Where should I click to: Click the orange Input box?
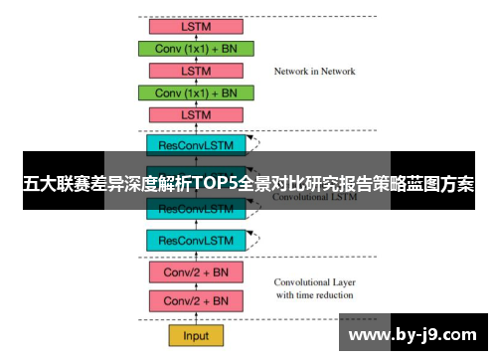pyautogui.click(x=196, y=335)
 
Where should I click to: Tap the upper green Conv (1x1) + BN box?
pyautogui.click(x=196, y=48)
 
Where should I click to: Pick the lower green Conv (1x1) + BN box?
pyautogui.click(x=196, y=92)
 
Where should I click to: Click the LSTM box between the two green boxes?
pyautogui.click(x=196, y=71)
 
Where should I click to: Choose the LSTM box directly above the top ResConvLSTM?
pyautogui.click(x=196, y=115)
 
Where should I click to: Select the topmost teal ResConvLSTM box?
pyautogui.click(x=196, y=145)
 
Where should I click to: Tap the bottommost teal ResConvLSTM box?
pyautogui.click(x=196, y=240)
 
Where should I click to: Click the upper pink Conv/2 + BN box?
pyautogui.click(x=196, y=271)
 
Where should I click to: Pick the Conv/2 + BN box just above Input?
pyautogui.click(x=196, y=300)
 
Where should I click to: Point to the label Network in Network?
pyautogui.click(x=314, y=72)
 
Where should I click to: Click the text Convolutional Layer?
pyautogui.click(x=314, y=281)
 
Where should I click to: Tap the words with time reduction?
pyautogui.click(x=314, y=294)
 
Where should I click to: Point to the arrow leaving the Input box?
pyautogui.click(x=196, y=317)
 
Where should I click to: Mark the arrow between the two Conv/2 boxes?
pyautogui.click(x=196, y=286)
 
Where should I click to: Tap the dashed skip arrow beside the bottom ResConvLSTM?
pyautogui.click(x=254, y=236)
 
